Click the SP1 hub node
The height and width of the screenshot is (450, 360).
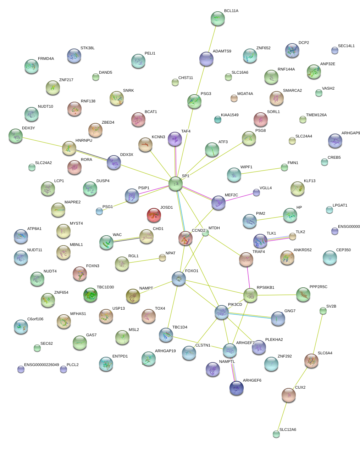[176, 184]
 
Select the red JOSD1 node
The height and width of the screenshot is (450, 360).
[154, 215]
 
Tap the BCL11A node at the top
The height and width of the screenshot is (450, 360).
[217, 19]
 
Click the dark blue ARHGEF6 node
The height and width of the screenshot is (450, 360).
[237, 388]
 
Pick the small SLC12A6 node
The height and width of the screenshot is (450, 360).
[276, 434]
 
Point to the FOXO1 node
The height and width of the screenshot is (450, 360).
[178, 279]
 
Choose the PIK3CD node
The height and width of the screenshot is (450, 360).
[222, 312]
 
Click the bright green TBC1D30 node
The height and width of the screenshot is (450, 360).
[90, 295]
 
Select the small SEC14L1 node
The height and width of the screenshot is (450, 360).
[334, 50]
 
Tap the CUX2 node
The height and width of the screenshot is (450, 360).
[288, 395]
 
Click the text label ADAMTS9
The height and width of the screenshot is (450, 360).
[222, 51]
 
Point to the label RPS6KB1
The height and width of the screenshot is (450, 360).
[265, 288]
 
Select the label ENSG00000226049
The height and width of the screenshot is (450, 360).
[41, 365]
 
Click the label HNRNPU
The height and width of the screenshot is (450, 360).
[84, 141]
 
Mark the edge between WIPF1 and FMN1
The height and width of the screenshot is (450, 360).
[259, 171]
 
